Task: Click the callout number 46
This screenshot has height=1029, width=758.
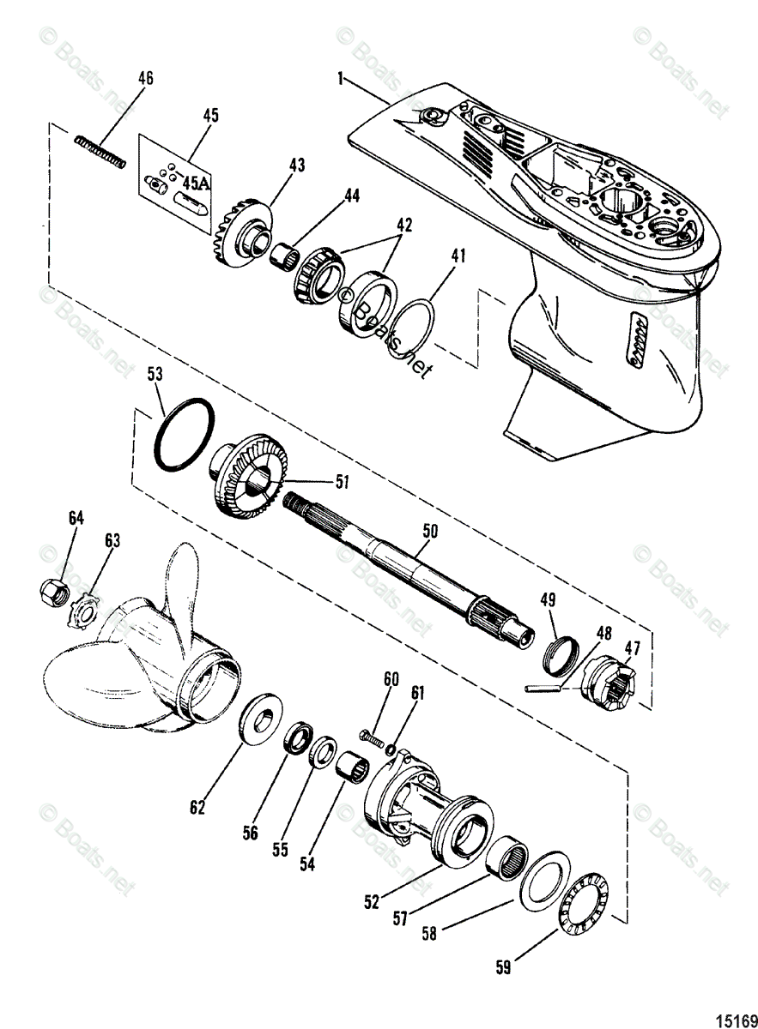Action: [x=146, y=78]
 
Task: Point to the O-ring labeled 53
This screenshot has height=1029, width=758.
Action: [x=183, y=435]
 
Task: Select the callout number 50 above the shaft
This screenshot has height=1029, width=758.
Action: [x=429, y=532]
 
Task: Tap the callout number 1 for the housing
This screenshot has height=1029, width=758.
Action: [x=341, y=79]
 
